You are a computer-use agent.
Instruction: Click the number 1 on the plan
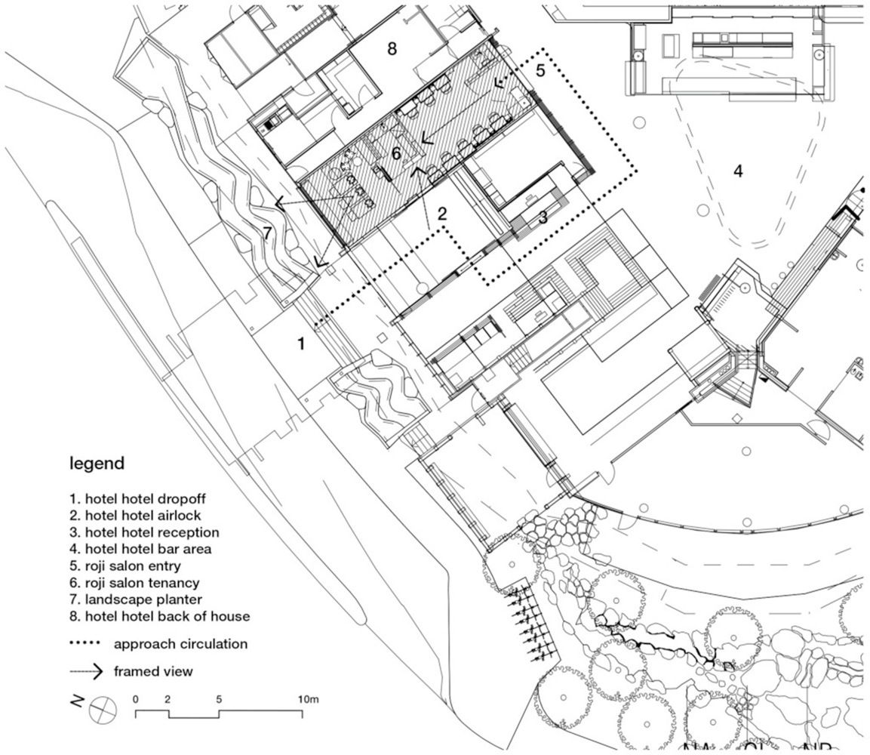point(301,344)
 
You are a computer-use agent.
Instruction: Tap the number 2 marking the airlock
point(442,214)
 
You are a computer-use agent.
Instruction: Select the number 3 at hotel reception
point(543,217)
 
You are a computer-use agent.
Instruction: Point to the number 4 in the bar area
point(738,171)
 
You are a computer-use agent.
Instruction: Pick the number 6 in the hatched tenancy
point(396,153)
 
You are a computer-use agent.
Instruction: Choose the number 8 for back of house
point(391,49)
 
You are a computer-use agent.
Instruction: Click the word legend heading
point(97,463)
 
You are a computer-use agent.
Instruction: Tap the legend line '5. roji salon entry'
point(125,565)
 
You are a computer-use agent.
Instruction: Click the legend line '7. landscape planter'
point(133,599)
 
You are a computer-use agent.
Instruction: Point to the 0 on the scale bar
point(136,699)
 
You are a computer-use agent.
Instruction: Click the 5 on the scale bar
point(219,699)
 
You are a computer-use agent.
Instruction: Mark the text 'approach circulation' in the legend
point(180,645)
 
